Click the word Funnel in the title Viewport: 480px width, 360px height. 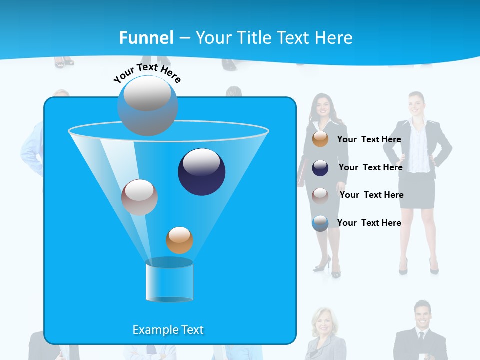(x=146, y=37)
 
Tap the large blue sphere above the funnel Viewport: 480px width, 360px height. (x=147, y=105)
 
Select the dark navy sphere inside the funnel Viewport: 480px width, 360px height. (x=201, y=171)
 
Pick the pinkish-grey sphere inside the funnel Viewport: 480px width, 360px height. (x=139, y=197)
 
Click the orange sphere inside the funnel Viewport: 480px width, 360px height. (x=179, y=240)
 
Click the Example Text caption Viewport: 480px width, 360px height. (x=168, y=330)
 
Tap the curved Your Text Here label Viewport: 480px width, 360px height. (x=147, y=73)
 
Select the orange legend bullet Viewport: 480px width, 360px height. (x=320, y=139)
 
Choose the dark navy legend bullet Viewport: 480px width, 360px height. (x=320, y=168)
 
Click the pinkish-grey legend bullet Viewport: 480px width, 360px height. (x=320, y=195)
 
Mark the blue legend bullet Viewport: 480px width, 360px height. (x=320, y=223)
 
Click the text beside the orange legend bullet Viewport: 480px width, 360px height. (x=369, y=139)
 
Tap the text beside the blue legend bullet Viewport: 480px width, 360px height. (x=369, y=223)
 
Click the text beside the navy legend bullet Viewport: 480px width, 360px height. (x=370, y=167)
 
